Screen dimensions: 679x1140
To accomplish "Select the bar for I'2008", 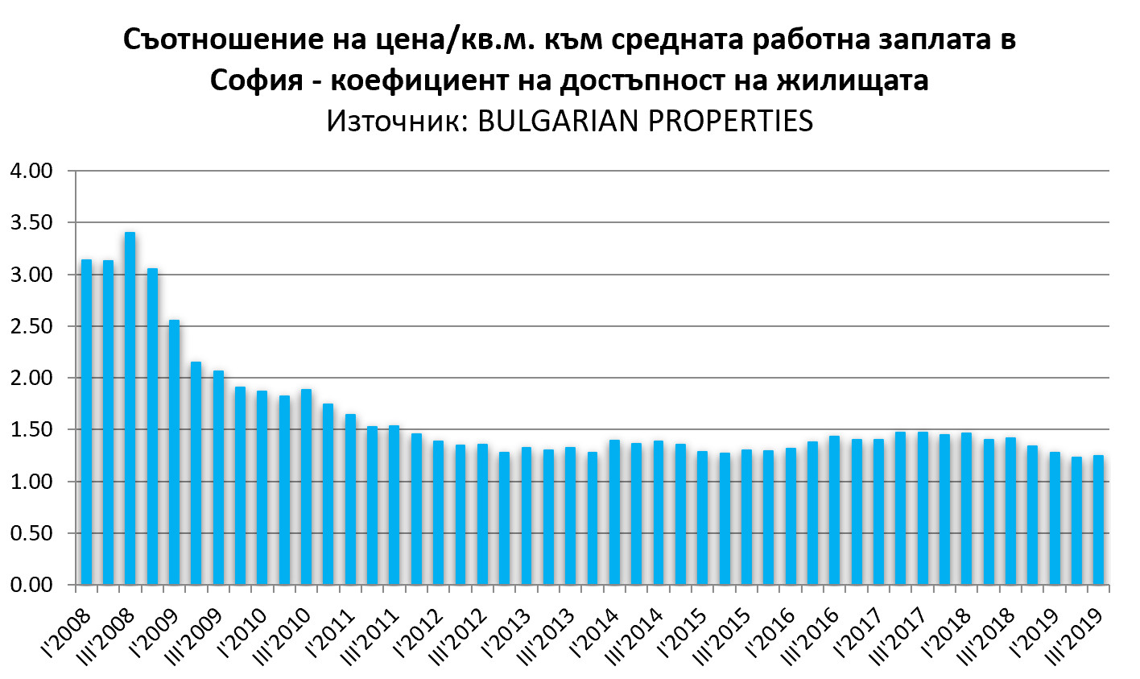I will pos(86,422).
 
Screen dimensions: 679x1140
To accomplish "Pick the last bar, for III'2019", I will pos(1097,520).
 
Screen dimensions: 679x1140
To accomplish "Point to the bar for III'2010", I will pos(306,486).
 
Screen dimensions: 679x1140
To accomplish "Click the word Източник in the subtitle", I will pos(394,121).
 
